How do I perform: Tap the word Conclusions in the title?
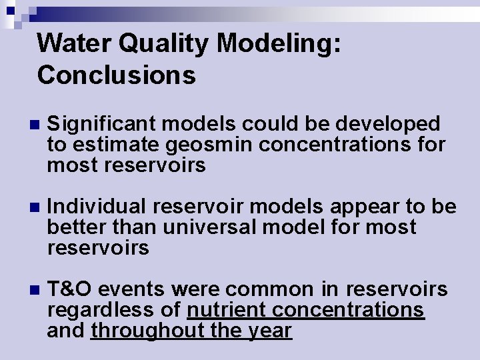pyautogui.click(x=117, y=75)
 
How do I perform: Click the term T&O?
pyautogui.click(x=71, y=289)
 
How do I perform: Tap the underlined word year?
pyautogui.click(x=269, y=331)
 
